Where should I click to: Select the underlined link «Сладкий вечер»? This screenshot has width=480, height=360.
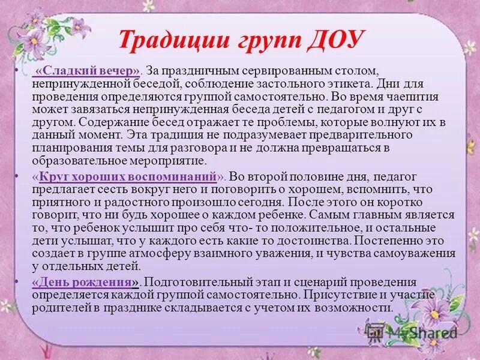[x=88, y=72]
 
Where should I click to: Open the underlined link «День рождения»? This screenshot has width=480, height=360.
[x=87, y=282]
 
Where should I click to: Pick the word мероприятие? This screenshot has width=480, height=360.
[x=173, y=161]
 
